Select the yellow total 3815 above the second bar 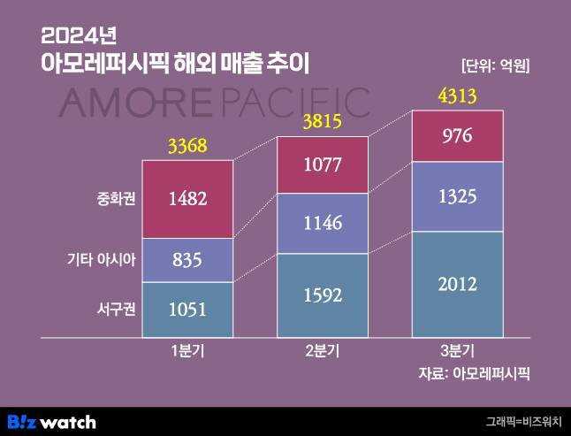pyautogui.click(x=323, y=123)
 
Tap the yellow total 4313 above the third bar pyautogui.click(x=458, y=96)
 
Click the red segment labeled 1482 pyautogui.click(x=187, y=199)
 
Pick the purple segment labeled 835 pyautogui.click(x=187, y=260)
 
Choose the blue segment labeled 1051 pyautogui.click(x=187, y=310)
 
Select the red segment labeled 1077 pyautogui.click(x=323, y=164)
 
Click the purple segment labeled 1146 pyautogui.click(x=323, y=224)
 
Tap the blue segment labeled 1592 pyautogui.click(x=323, y=295)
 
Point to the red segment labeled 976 pyautogui.click(x=458, y=136)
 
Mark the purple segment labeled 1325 pyautogui.click(x=458, y=196)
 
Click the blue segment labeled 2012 pyautogui.click(x=458, y=284)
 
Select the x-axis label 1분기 pyautogui.click(x=187, y=351)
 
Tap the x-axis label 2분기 pyautogui.click(x=323, y=351)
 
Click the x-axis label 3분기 pyautogui.click(x=458, y=351)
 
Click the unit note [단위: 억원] pyautogui.click(x=500, y=65)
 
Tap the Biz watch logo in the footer pyautogui.click(x=51, y=422)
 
